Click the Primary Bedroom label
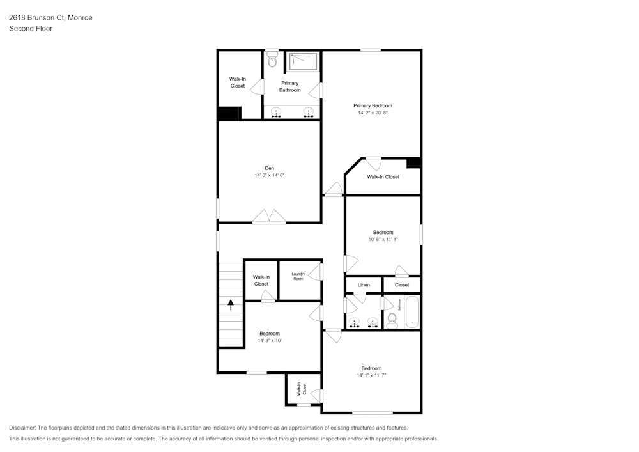click(373, 105)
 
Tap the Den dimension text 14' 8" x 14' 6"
click(269, 175)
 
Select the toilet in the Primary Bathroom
click(273, 59)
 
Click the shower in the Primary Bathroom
click(304, 61)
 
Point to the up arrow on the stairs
click(231, 305)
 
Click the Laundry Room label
click(298, 276)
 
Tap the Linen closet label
click(364, 284)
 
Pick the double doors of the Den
click(269, 217)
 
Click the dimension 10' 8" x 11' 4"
click(383, 240)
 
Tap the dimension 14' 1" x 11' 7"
click(371, 376)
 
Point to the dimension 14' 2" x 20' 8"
click(373, 113)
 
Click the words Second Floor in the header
click(31, 29)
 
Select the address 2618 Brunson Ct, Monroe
click(50, 18)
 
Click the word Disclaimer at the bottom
click(22, 428)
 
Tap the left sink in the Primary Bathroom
click(276, 113)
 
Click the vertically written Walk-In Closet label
click(300, 389)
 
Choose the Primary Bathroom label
click(289, 86)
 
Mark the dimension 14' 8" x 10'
click(269, 341)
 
